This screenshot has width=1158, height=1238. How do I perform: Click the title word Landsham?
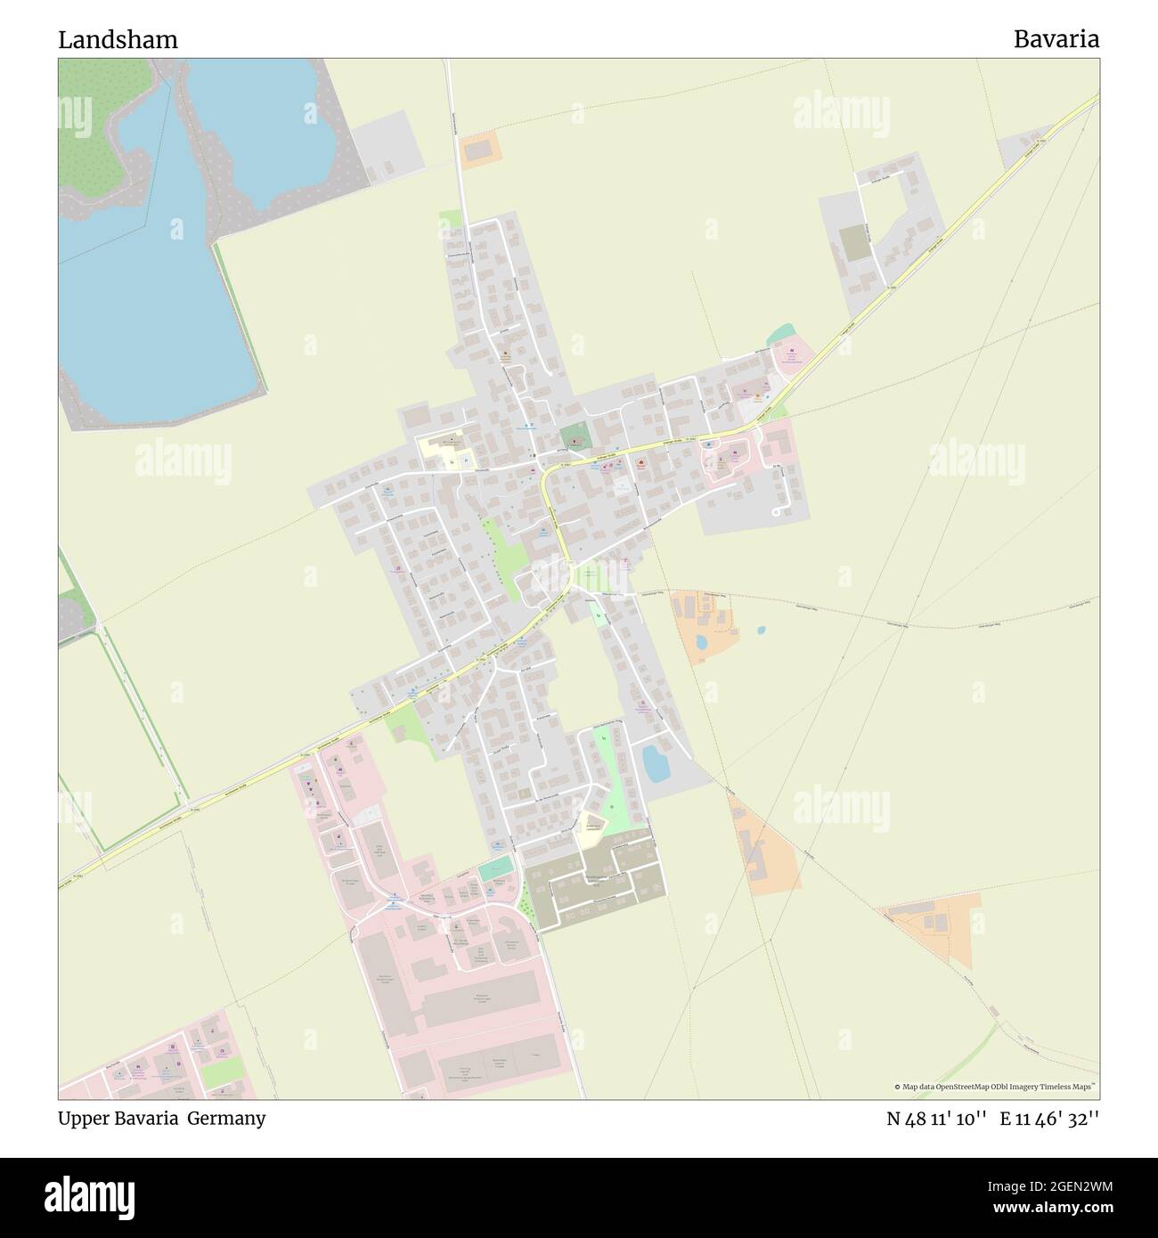pos(118,39)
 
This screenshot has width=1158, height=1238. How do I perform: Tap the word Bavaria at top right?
pos(1055,39)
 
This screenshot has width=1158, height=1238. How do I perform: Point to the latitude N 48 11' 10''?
pos(935,1119)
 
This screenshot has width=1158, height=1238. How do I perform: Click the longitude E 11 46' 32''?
pos(1049,1119)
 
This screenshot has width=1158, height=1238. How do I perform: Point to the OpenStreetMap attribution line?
pos(996,1087)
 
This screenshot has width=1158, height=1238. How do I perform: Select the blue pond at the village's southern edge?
pos(657,763)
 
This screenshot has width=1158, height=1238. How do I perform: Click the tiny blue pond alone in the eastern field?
pos(760,630)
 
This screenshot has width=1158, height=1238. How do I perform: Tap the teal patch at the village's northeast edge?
pos(780,334)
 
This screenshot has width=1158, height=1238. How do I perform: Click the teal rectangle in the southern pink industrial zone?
pos(495,867)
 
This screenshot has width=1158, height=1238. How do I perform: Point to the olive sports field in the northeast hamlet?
pos(852,243)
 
